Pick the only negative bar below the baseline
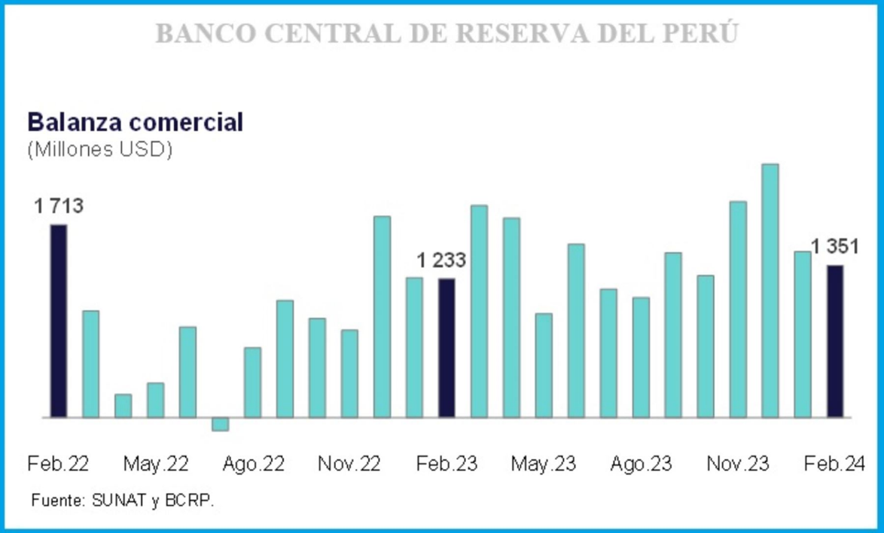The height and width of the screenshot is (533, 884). coord(220,424)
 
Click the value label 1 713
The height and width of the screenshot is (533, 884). coord(59,206)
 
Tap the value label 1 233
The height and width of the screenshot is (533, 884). coord(441,260)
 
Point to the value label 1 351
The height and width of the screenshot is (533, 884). coord(835,246)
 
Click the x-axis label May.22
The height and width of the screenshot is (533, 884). coord(156,464)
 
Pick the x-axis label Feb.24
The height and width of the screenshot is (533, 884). coord(835,464)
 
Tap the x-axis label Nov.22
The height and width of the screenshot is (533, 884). coord(349,464)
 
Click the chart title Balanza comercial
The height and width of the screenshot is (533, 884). coord(136,122)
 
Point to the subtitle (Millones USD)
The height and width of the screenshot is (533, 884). coord(100,150)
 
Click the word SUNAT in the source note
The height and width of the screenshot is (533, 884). coord(118,500)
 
